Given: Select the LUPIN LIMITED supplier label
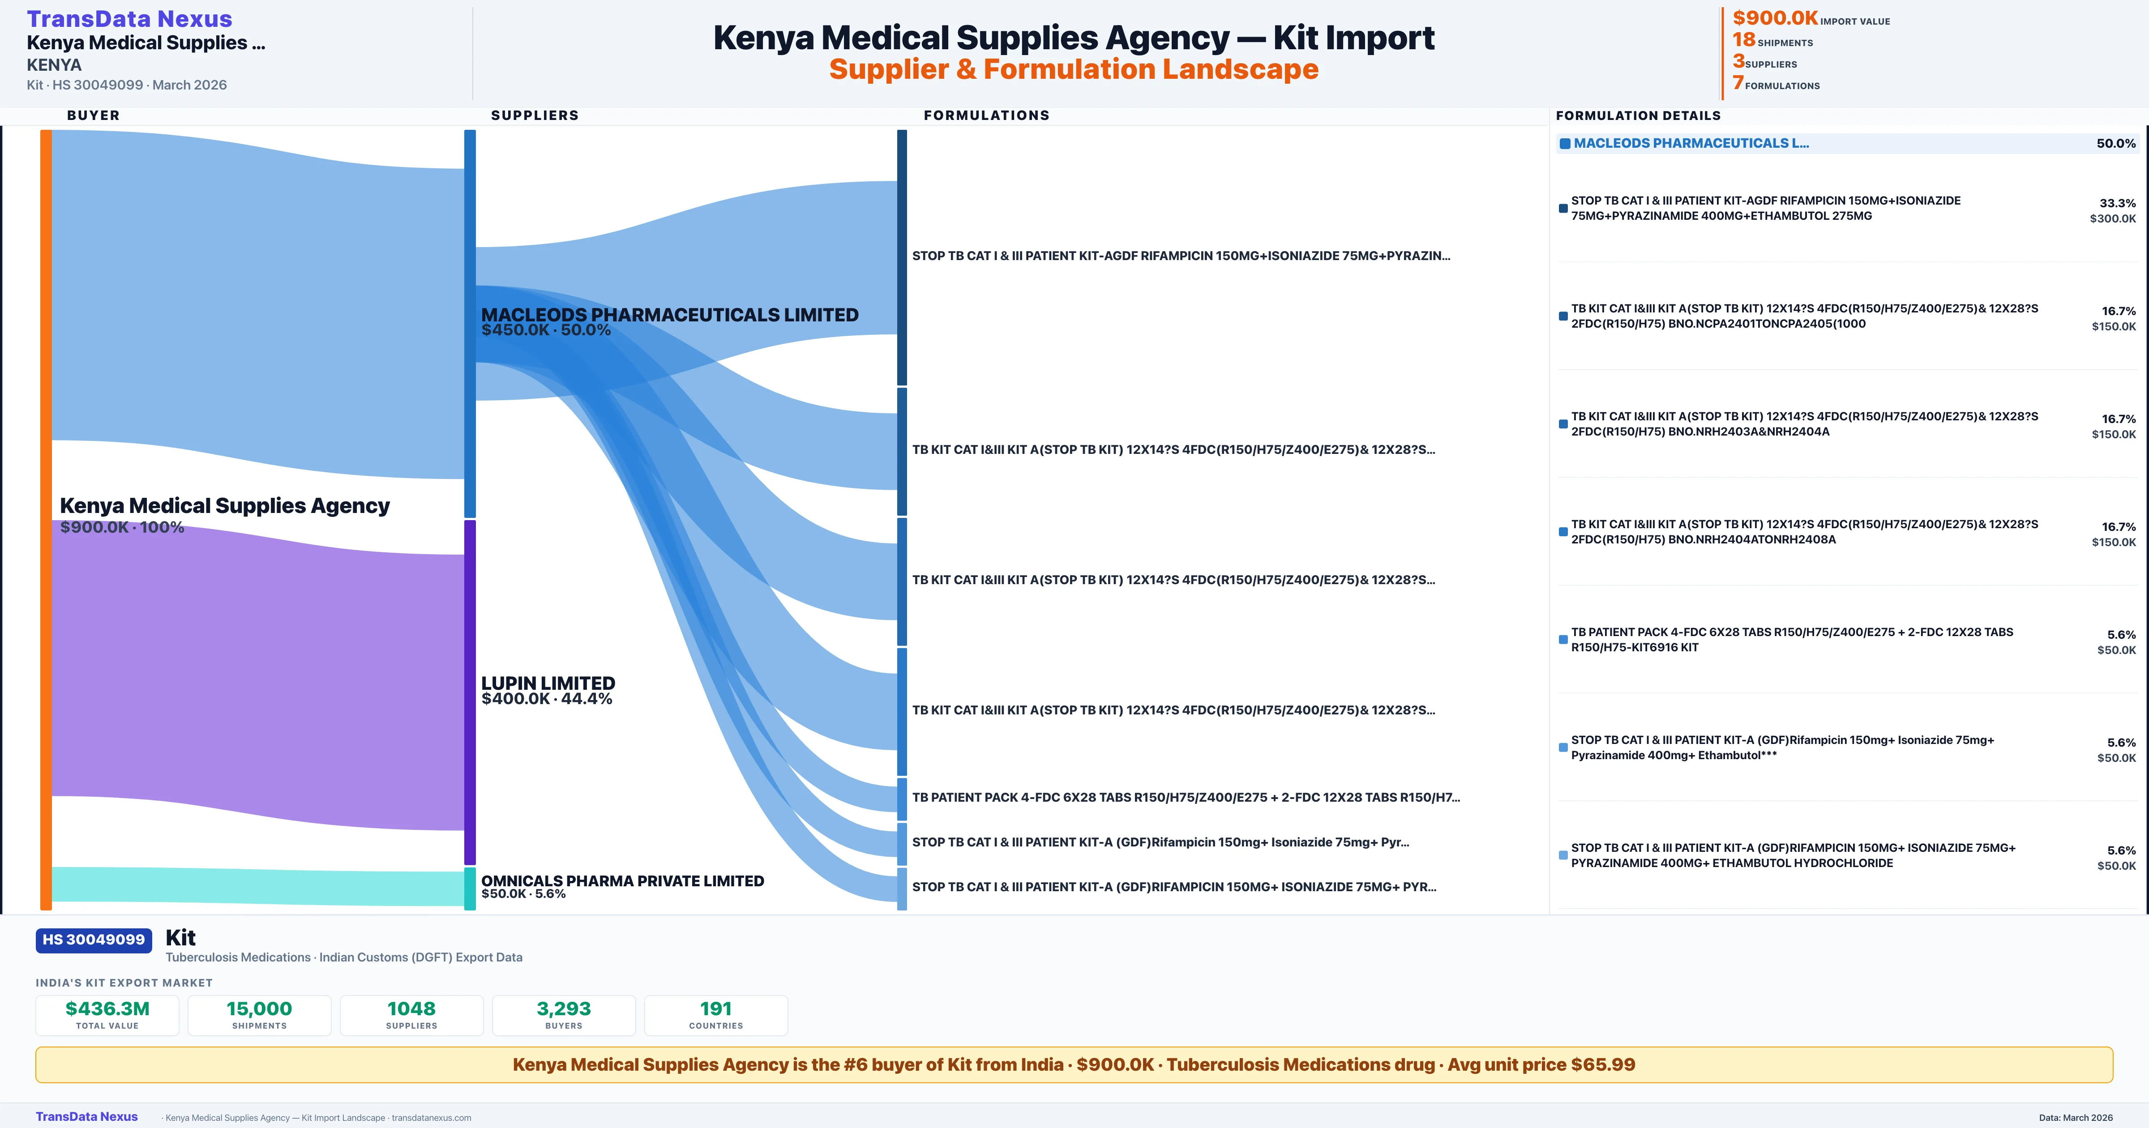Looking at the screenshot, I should [x=548, y=684].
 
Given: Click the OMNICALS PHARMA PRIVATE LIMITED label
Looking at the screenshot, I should [x=622, y=881].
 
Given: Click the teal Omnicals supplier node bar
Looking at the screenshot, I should [x=470, y=889].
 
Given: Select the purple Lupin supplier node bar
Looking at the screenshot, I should [x=470, y=692].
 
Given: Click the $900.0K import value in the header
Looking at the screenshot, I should [x=1774, y=18].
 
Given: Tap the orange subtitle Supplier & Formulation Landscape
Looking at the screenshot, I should [x=1074, y=69].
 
